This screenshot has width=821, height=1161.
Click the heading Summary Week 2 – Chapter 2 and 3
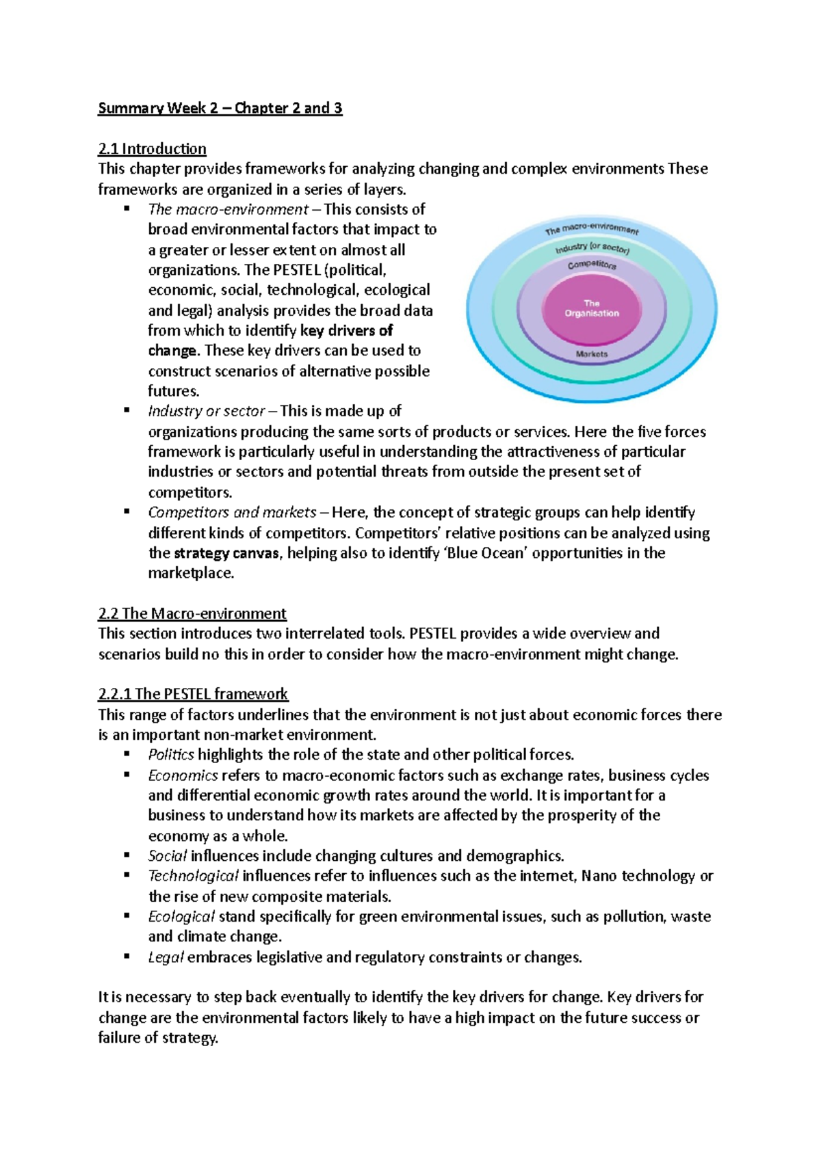tap(220, 108)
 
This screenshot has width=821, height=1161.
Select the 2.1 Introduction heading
tap(152, 148)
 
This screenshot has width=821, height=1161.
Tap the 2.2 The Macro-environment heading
tap(192, 613)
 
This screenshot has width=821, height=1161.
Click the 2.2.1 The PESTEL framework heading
tap(193, 694)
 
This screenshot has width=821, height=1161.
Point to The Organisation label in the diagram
tap(592, 308)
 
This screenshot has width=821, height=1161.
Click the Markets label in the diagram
tap(592, 354)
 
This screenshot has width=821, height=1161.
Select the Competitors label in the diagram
tap(592, 264)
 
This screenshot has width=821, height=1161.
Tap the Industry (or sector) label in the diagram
tap(592, 248)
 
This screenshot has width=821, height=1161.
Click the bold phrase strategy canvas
tap(226, 553)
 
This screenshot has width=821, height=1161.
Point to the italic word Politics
tap(171, 755)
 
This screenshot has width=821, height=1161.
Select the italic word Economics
tap(183, 775)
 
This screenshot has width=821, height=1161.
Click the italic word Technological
tap(193, 876)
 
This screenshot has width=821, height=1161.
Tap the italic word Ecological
tap(181, 916)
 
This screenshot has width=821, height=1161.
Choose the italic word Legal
tap(166, 957)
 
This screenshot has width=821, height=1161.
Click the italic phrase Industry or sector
tap(206, 412)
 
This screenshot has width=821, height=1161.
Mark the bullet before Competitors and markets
tap(127, 511)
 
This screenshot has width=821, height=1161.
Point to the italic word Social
tap(167, 856)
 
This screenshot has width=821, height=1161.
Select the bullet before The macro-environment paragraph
tap(127, 209)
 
